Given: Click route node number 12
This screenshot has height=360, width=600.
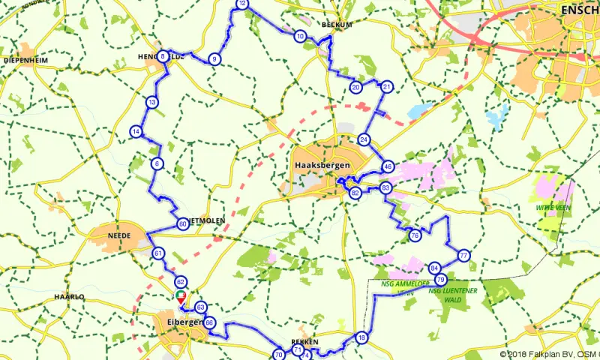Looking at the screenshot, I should (x=242, y=4).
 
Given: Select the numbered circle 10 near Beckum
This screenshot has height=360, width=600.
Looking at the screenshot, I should (x=300, y=36).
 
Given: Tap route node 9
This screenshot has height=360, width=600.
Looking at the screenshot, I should (x=214, y=59).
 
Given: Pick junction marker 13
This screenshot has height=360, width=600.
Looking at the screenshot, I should (x=152, y=102).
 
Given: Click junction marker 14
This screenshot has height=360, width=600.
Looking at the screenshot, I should (x=136, y=132).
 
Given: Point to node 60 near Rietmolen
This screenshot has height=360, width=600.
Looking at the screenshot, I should (x=183, y=223).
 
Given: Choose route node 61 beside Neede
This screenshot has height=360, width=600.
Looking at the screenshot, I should (x=158, y=253).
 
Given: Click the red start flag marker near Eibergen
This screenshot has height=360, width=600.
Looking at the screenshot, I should (x=180, y=297).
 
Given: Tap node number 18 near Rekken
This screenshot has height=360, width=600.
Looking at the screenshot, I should (x=362, y=337).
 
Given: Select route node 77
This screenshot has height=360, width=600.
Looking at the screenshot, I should (x=464, y=256).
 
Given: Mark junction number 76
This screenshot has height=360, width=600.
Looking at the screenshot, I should (x=415, y=235).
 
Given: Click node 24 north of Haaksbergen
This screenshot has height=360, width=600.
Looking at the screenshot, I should (x=364, y=139).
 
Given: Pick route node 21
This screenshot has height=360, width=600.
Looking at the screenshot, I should (x=387, y=87).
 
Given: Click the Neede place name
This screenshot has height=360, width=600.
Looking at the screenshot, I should (x=121, y=235).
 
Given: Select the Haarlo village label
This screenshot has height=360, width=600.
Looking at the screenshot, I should (x=69, y=297).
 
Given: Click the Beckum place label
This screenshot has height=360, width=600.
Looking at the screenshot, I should (x=337, y=24).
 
